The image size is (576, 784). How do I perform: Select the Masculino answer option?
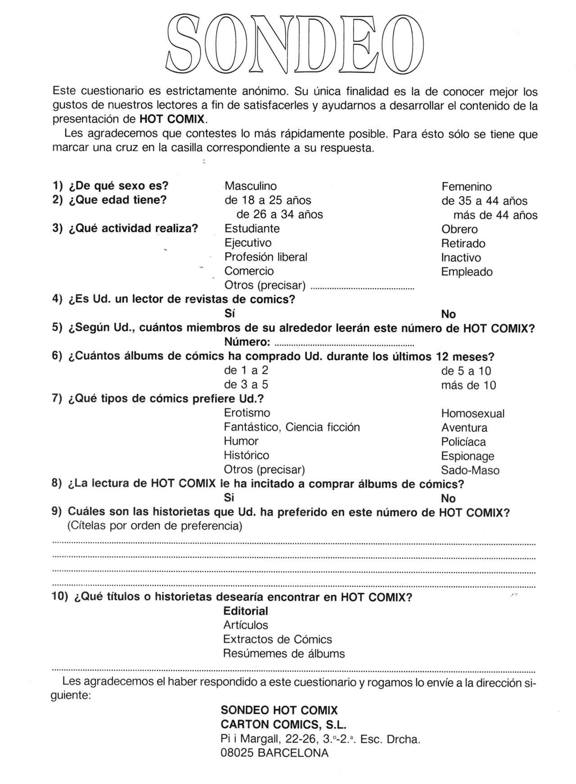tap(251, 186)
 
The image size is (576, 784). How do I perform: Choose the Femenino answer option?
tap(466, 187)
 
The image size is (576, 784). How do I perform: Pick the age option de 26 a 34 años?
tap(279, 215)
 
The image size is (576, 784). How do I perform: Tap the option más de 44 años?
tap(495, 216)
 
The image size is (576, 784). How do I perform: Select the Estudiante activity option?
tap(252, 229)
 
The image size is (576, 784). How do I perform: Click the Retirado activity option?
tap(463, 243)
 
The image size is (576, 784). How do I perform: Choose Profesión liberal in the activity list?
tap(265, 257)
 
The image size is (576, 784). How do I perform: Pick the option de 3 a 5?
tap(246, 385)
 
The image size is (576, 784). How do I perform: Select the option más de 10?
tap(468, 385)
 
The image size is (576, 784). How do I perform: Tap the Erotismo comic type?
tap(247, 413)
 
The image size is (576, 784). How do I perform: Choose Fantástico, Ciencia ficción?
tap(292, 427)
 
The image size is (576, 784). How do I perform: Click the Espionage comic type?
tap(468, 456)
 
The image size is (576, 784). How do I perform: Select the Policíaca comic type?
tap(463, 442)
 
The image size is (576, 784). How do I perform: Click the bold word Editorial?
tap(245, 611)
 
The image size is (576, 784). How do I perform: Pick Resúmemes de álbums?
tap(284, 653)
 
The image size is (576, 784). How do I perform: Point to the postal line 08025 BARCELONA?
tap(274, 753)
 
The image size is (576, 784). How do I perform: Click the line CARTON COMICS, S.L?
tap(283, 725)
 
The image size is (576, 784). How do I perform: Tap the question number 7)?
tap(57, 399)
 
